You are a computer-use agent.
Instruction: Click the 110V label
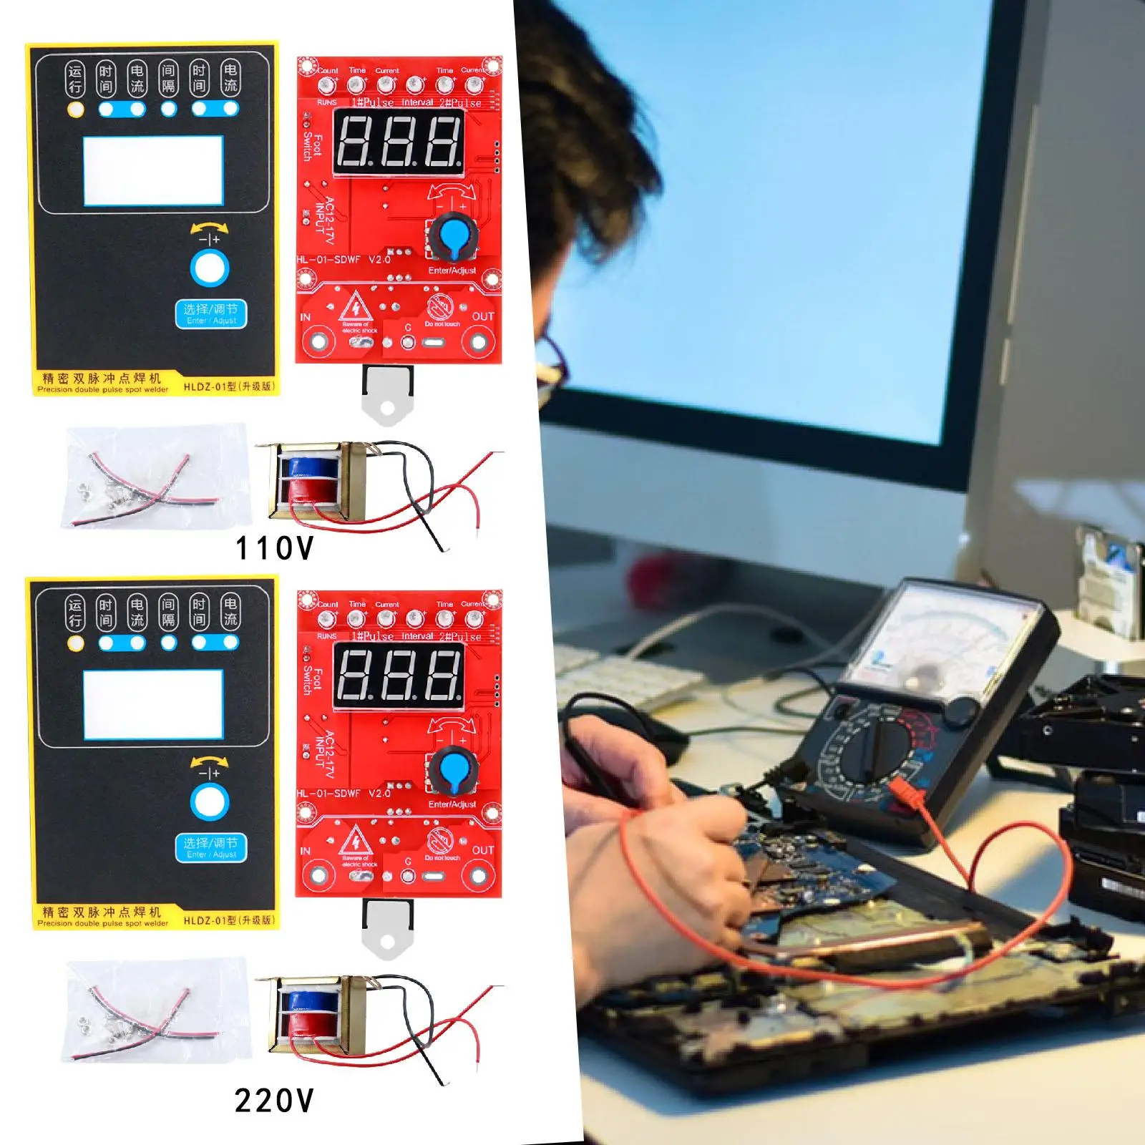pyautogui.click(x=275, y=549)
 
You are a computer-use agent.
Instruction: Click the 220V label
pyautogui.click(x=275, y=1101)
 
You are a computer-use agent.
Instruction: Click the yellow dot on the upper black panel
pyautogui.click(x=75, y=109)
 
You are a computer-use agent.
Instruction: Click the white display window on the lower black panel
pyautogui.click(x=153, y=704)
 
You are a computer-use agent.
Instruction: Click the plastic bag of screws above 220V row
pyautogui.click(x=155, y=1010)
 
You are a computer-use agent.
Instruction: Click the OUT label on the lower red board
pyautogui.click(x=483, y=849)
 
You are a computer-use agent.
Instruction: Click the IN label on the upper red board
pyautogui.click(x=306, y=317)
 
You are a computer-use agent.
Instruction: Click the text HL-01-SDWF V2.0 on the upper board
pyautogui.click(x=343, y=260)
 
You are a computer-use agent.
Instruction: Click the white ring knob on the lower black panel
pyautogui.click(x=210, y=802)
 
